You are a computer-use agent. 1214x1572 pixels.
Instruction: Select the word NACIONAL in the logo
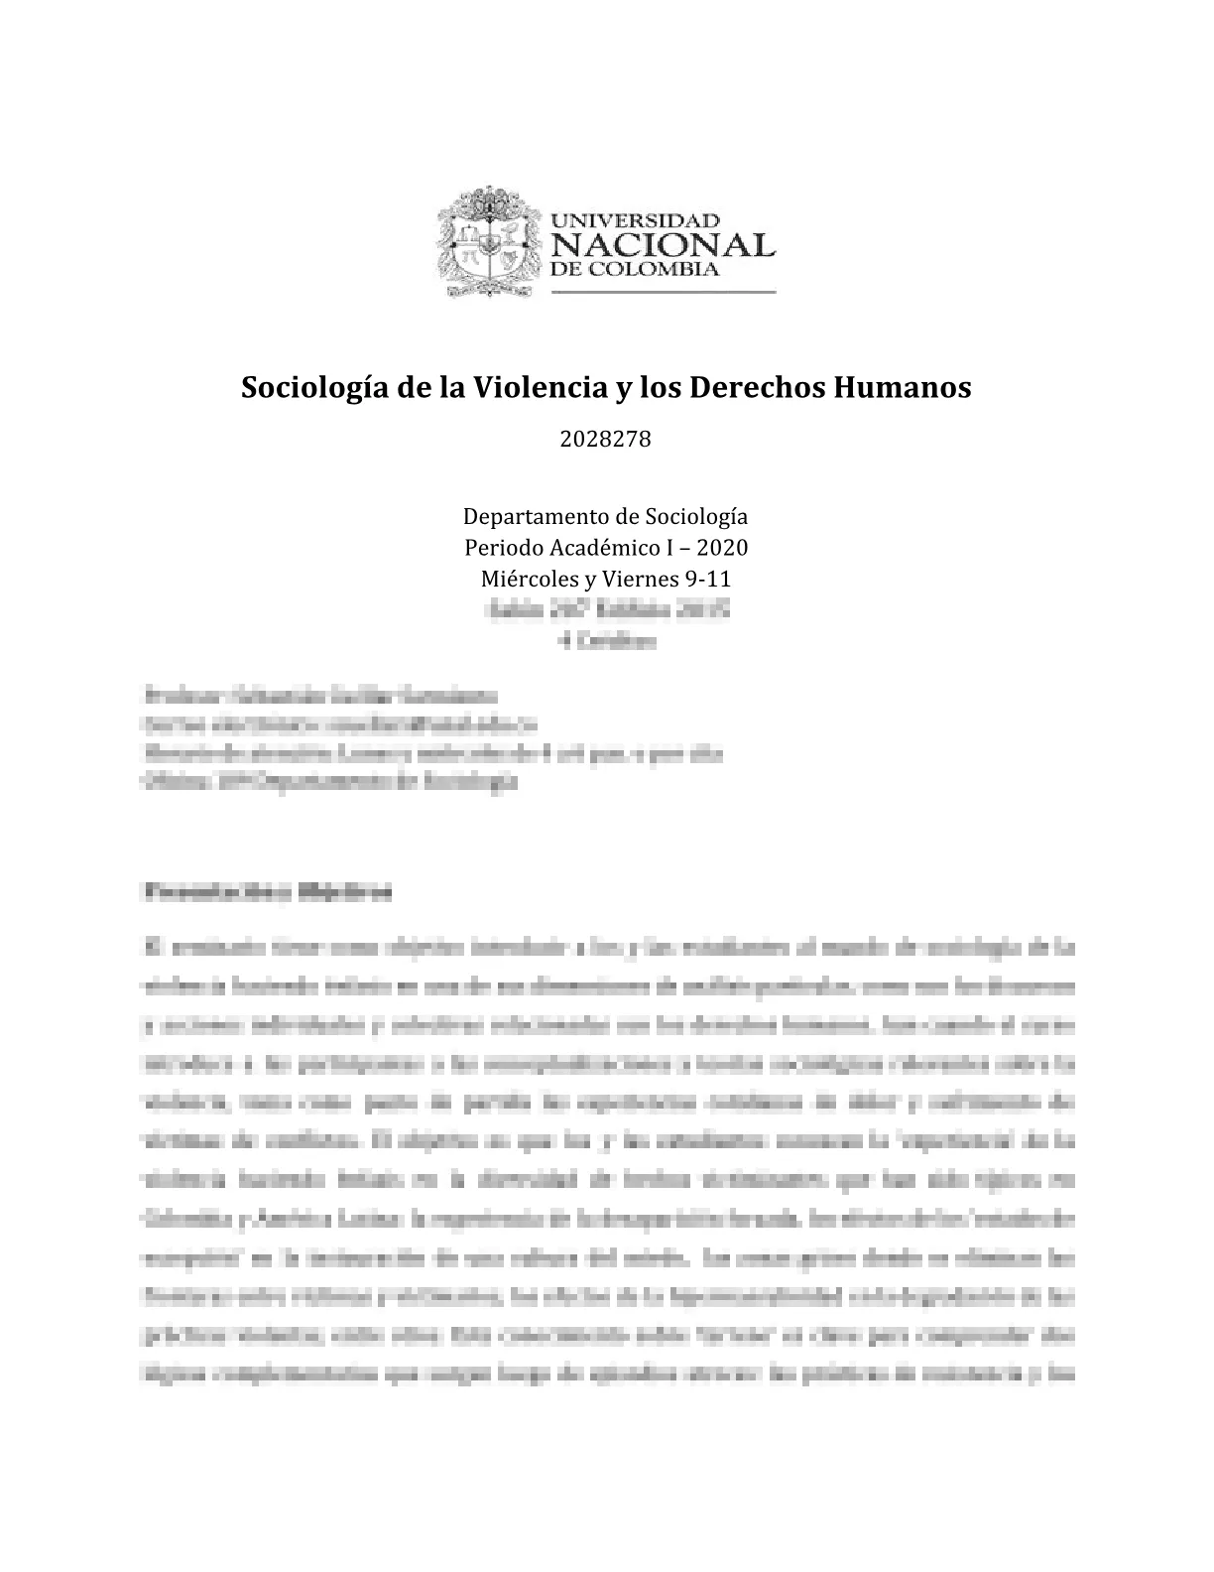[661, 244]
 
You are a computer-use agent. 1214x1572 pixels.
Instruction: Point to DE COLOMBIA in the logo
[634, 270]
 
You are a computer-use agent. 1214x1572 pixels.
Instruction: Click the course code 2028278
[606, 440]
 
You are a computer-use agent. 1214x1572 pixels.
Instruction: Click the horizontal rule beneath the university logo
[662, 293]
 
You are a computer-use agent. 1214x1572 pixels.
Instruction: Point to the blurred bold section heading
[268, 891]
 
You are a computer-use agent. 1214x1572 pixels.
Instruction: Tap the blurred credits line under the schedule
[606, 641]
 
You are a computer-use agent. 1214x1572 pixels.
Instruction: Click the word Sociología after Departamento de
[696, 517]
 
